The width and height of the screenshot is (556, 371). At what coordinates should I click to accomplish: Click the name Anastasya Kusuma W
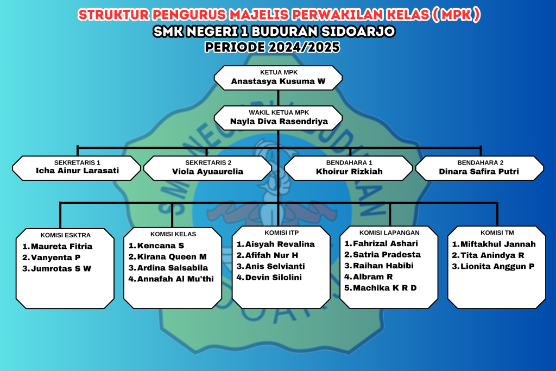[x=278, y=81]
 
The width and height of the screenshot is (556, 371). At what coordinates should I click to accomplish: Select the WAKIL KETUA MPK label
[x=278, y=112]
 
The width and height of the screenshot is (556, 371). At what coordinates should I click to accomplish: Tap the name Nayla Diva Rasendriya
[x=278, y=122]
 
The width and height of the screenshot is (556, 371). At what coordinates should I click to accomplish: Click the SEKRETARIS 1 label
[x=77, y=162]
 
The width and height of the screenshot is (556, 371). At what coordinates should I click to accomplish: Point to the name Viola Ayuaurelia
[x=208, y=172]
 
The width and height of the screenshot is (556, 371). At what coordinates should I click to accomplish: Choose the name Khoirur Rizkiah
[x=349, y=172]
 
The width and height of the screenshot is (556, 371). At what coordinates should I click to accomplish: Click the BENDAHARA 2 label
[x=480, y=162]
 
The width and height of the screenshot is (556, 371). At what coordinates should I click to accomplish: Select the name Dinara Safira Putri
[x=480, y=172]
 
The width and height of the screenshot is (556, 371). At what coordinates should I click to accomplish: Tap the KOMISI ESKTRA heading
[x=65, y=235]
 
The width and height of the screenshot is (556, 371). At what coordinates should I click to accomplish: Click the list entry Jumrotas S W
[x=61, y=268]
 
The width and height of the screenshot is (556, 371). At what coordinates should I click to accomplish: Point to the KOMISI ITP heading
[x=281, y=233]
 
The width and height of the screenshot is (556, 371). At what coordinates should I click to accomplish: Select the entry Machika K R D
[x=384, y=287]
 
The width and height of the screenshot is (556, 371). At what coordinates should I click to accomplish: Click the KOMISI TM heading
[x=496, y=233]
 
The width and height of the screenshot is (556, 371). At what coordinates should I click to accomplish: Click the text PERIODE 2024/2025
[x=273, y=47]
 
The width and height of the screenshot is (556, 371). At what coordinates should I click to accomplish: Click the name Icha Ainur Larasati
[x=77, y=172]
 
